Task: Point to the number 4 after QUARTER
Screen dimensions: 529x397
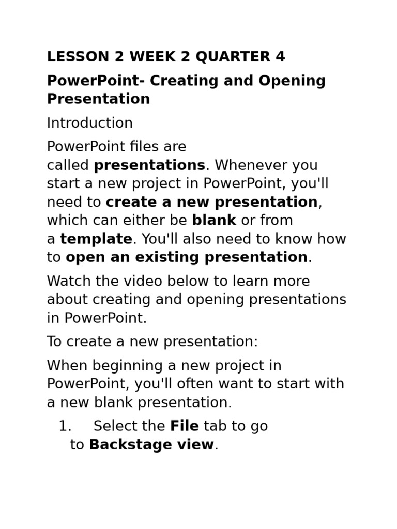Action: pos(280,57)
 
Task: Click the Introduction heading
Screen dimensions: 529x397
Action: pos(89,123)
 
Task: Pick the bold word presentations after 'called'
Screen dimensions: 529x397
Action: pos(149,165)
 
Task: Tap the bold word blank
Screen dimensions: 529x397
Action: pos(214,220)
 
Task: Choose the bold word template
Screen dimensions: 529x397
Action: pos(96,239)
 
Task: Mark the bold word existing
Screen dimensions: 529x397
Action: pos(159,257)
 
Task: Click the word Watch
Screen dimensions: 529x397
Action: pos(67,282)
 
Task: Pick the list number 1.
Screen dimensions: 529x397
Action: pos(64,426)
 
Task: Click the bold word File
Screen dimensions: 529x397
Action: pos(185,426)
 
